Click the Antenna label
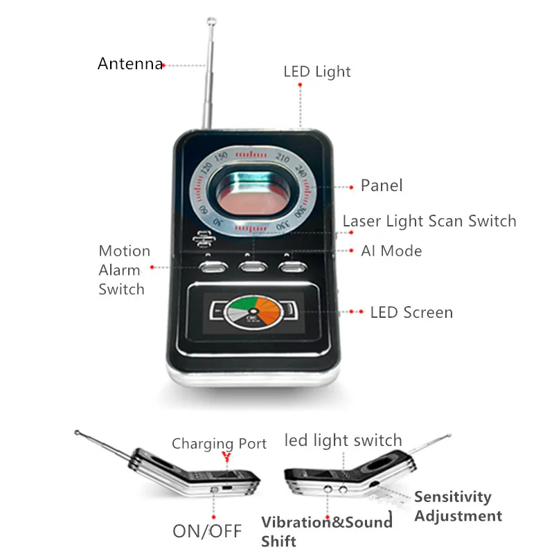click(x=130, y=64)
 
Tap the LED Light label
click(x=316, y=71)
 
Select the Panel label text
click(x=381, y=186)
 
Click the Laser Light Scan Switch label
click(x=429, y=221)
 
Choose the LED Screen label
click(x=411, y=312)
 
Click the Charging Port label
click(x=219, y=444)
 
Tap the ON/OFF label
click(x=207, y=531)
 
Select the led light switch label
click(x=343, y=440)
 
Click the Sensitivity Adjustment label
click(x=458, y=506)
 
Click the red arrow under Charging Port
click(x=224, y=457)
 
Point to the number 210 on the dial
click(x=282, y=157)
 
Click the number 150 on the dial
click(x=221, y=157)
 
